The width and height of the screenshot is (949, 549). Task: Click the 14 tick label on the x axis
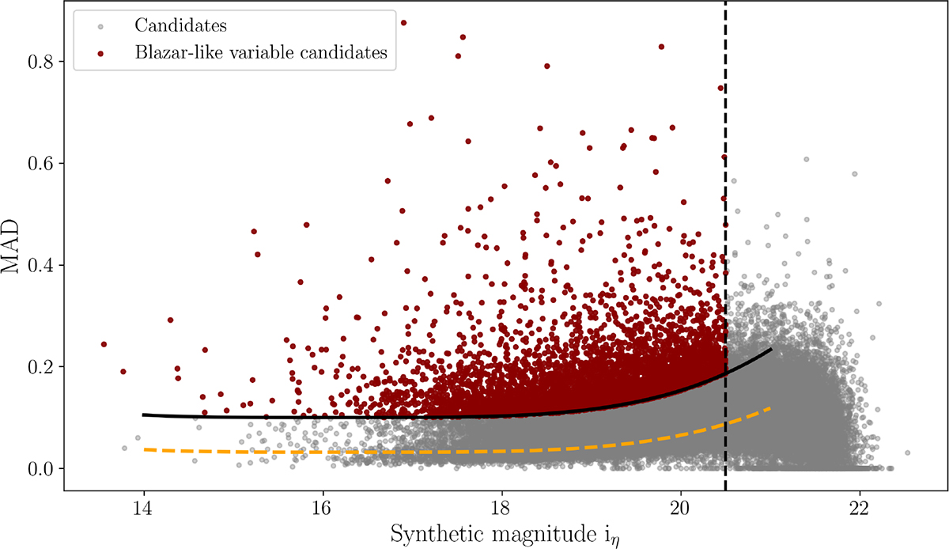(x=143, y=506)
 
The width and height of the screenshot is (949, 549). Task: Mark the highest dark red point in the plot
(x=403, y=23)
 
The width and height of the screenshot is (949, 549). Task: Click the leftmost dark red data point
(x=104, y=344)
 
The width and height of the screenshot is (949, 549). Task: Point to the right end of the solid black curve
(x=770, y=349)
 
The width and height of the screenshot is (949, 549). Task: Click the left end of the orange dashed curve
(x=144, y=449)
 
